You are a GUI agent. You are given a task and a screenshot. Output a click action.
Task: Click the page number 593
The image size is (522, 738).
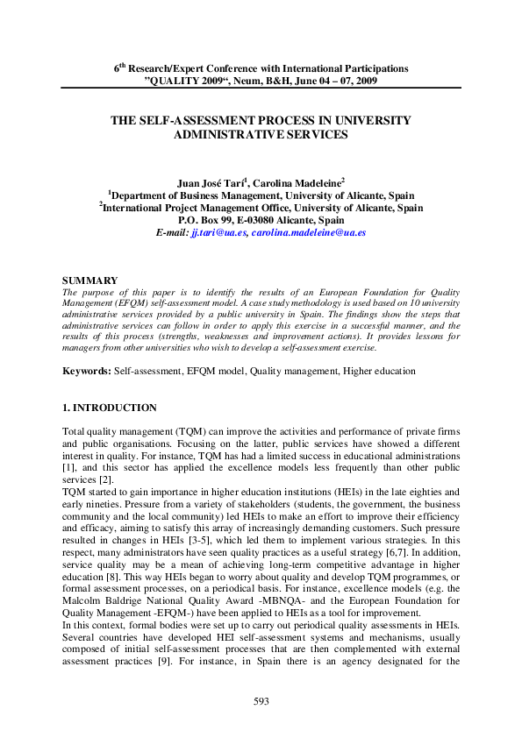pyautogui.click(x=261, y=701)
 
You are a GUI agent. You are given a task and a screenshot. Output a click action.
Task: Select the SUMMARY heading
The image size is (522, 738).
pyautogui.click(x=89, y=280)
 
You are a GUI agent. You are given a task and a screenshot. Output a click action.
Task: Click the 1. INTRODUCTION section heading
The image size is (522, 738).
pyautogui.click(x=110, y=408)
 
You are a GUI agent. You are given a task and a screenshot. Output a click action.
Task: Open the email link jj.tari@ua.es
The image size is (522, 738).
pyautogui.click(x=219, y=233)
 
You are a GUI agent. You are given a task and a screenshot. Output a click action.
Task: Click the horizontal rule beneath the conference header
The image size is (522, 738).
pyautogui.click(x=261, y=87)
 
